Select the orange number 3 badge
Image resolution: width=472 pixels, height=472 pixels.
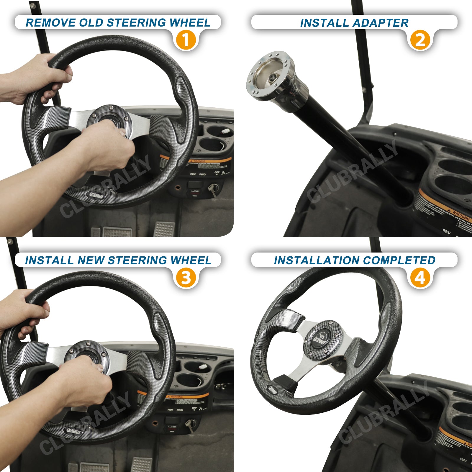click(x=186, y=278)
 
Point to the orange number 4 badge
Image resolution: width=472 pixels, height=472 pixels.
click(x=420, y=278)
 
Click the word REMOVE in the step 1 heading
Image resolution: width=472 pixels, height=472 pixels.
click(x=50, y=23)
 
